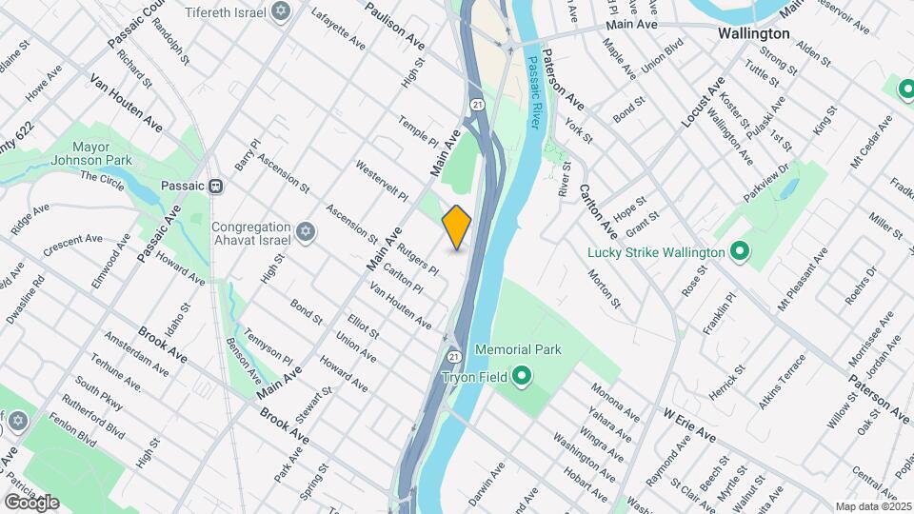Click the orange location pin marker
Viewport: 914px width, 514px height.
(x=457, y=227)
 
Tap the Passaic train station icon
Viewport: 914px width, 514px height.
(x=216, y=187)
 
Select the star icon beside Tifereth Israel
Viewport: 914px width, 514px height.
(x=280, y=11)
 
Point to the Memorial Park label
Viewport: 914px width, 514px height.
(x=518, y=350)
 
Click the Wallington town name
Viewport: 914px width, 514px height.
(x=753, y=33)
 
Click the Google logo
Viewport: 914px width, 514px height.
(x=31, y=503)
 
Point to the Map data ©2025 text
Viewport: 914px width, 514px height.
(x=871, y=505)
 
